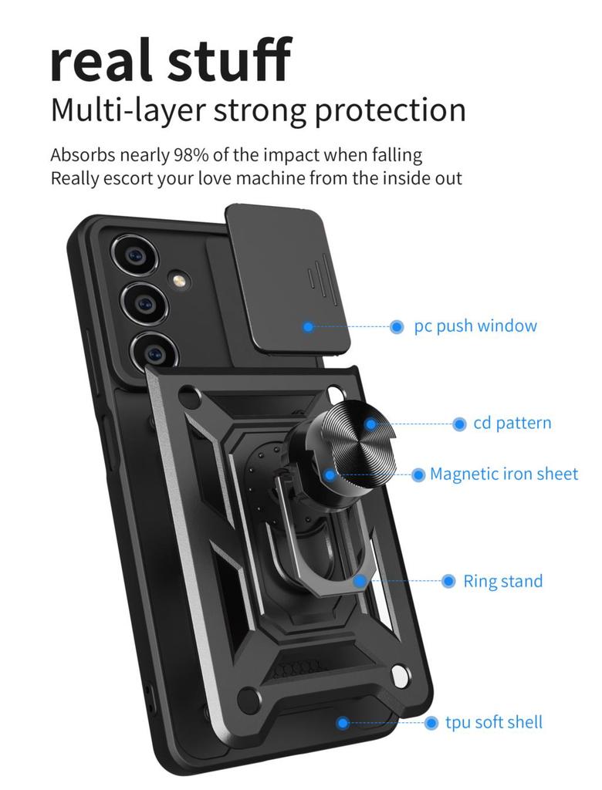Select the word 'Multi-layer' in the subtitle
tap(127, 110)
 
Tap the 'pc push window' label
tap(475, 326)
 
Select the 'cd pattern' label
tap(512, 424)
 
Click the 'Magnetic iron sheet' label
tap(504, 474)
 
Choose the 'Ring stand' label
tap(502, 581)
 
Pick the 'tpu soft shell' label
tap(494, 723)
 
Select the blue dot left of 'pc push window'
tap(397, 327)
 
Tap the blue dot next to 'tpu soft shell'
tap(431, 723)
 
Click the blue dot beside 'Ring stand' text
tap(448, 581)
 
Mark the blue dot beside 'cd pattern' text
tap(459, 424)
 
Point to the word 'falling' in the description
tap(395, 154)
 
